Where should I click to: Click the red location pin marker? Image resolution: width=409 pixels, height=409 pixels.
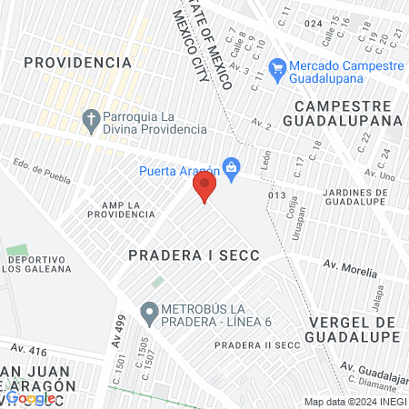coord(204,188)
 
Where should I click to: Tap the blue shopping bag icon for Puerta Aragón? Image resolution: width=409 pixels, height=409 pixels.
coord(232,166)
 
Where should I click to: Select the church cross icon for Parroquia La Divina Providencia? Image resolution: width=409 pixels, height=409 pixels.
coord(90,118)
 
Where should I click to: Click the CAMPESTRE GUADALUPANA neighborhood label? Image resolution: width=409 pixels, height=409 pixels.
coord(343,112)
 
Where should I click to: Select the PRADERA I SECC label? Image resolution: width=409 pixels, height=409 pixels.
coord(194,256)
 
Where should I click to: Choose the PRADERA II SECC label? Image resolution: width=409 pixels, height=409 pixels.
coord(257,345)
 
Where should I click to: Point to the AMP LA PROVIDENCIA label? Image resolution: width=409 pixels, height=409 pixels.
coord(121,208)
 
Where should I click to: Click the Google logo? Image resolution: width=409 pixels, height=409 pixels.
coord(31,398)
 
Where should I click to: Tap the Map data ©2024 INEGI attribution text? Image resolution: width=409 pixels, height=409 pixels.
coord(354,401)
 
